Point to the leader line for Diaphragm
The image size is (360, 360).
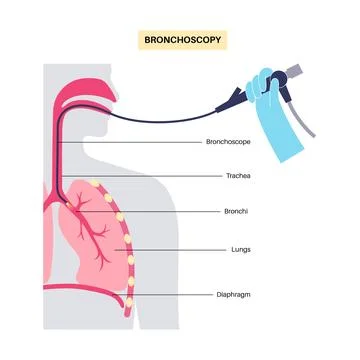[x=175, y=295]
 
